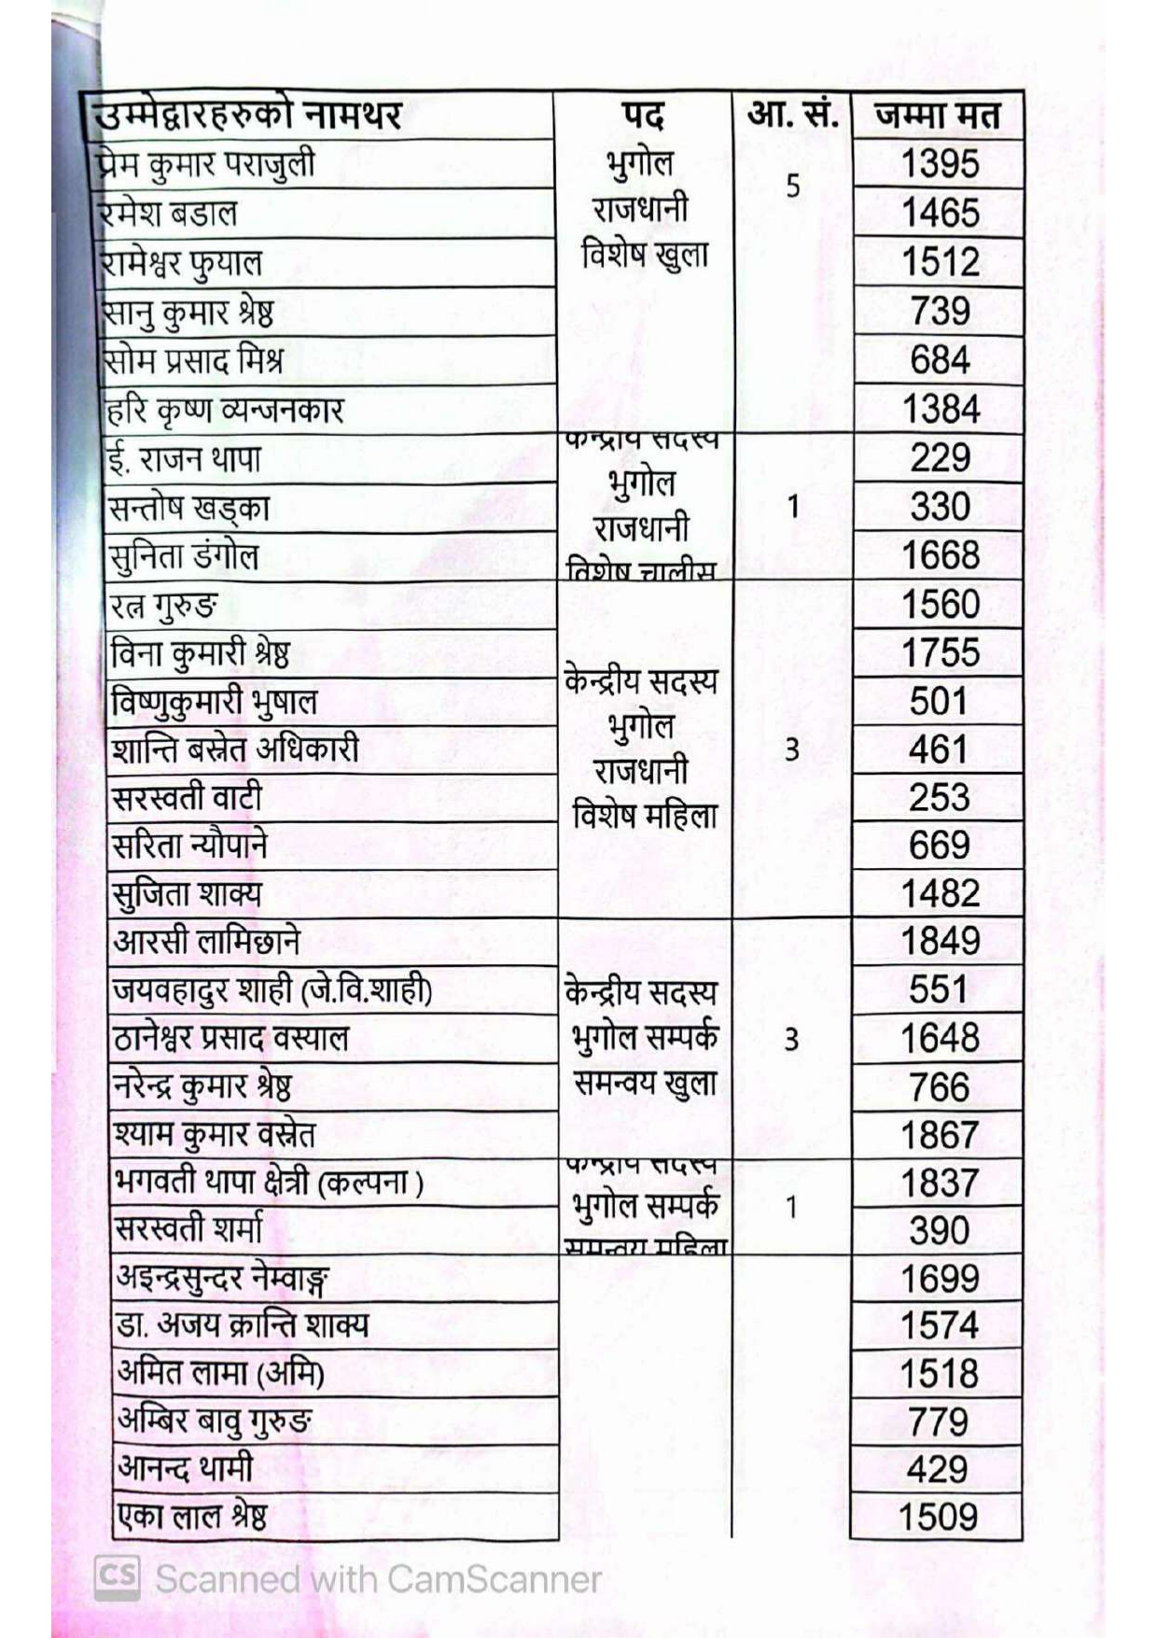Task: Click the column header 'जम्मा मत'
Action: pyautogui.click(x=937, y=116)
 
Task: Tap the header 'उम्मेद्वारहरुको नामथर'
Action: pyautogui.click(x=248, y=116)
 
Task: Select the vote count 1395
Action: pyautogui.click(x=940, y=164)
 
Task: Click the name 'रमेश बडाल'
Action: pyautogui.click(x=169, y=213)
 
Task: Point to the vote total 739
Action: pyautogui.click(x=940, y=311)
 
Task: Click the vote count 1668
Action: pyautogui.click(x=940, y=555)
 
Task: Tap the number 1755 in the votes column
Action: pyautogui.click(x=940, y=652)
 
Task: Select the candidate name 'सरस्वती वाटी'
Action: pyautogui.click(x=187, y=798)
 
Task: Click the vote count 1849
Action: pyautogui.click(x=940, y=941)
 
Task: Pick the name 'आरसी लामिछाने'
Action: pyautogui.click(x=206, y=941)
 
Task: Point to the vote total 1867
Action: pyautogui.click(x=939, y=1135)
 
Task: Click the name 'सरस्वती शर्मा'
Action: pyautogui.click(x=188, y=1229)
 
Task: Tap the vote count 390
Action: pyautogui.click(x=939, y=1231)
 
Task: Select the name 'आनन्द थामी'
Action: pyautogui.click(x=185, y=1468)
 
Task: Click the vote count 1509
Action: pyautogui.click(x=938, y=1517)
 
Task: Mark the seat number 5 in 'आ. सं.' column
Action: pyautogui.click(x=792, y=187)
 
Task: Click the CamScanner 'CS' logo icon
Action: pyautogui.click(x=118, y=1577)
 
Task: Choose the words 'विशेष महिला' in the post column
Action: pyautogui.click(x=645, y=817)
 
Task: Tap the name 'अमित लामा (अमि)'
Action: pyautogui.click(x=220, y=1373)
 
